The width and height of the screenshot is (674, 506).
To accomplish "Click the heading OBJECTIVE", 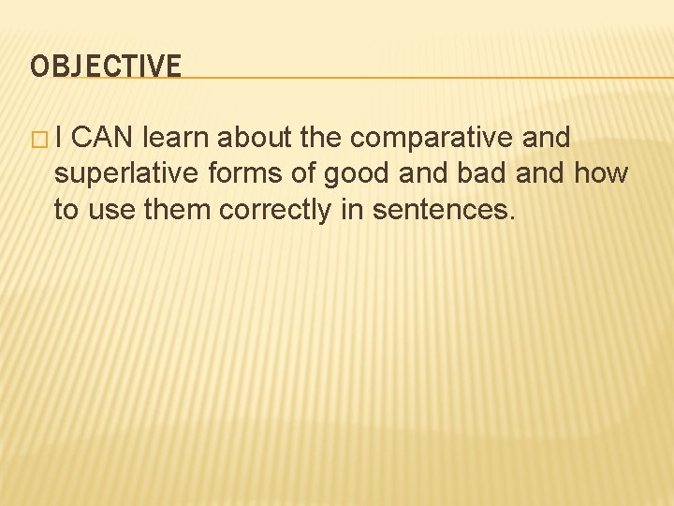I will point(106,67).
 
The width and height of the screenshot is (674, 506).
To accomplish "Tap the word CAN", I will point(104,139).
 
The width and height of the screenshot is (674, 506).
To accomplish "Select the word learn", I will point(177,139).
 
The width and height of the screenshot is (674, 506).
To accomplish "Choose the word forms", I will point(249,174).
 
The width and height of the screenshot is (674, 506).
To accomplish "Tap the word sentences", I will point(440,210).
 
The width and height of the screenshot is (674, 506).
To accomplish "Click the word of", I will point(304,174).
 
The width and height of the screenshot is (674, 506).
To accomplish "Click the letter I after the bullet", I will point(58,139).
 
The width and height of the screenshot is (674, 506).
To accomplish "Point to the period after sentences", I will point(512,218).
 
